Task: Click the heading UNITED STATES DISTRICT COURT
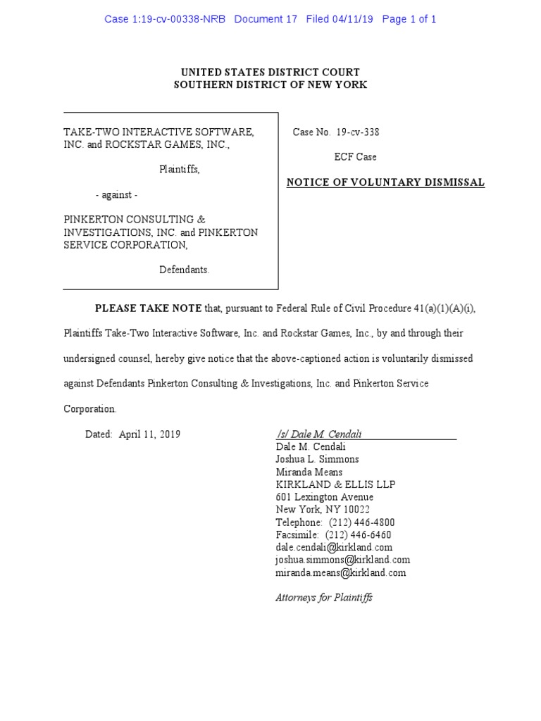pyautogui.click(x=270, y=72)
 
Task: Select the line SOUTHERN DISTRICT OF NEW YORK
pyautogui.click(x=270, y=84)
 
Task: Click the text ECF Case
pyautogui.click(x=355, y=157)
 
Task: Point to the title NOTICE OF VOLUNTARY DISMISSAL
pyautogui.click(x=385, y=182)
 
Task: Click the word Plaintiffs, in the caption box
pyautogui.click(x=180, y=170)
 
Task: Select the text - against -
pyautogui.click(x=117, y=195)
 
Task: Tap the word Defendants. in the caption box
pyautogui.click(x=184, y=270)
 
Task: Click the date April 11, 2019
pyautogui.click(x=149, y=434)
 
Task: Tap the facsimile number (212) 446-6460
pyautogui.click(x=359, y=535)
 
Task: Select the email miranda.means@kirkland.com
pyautogui.click(x=341, y=572)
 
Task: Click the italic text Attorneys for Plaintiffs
pyautogui.click(x=324, y=598)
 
